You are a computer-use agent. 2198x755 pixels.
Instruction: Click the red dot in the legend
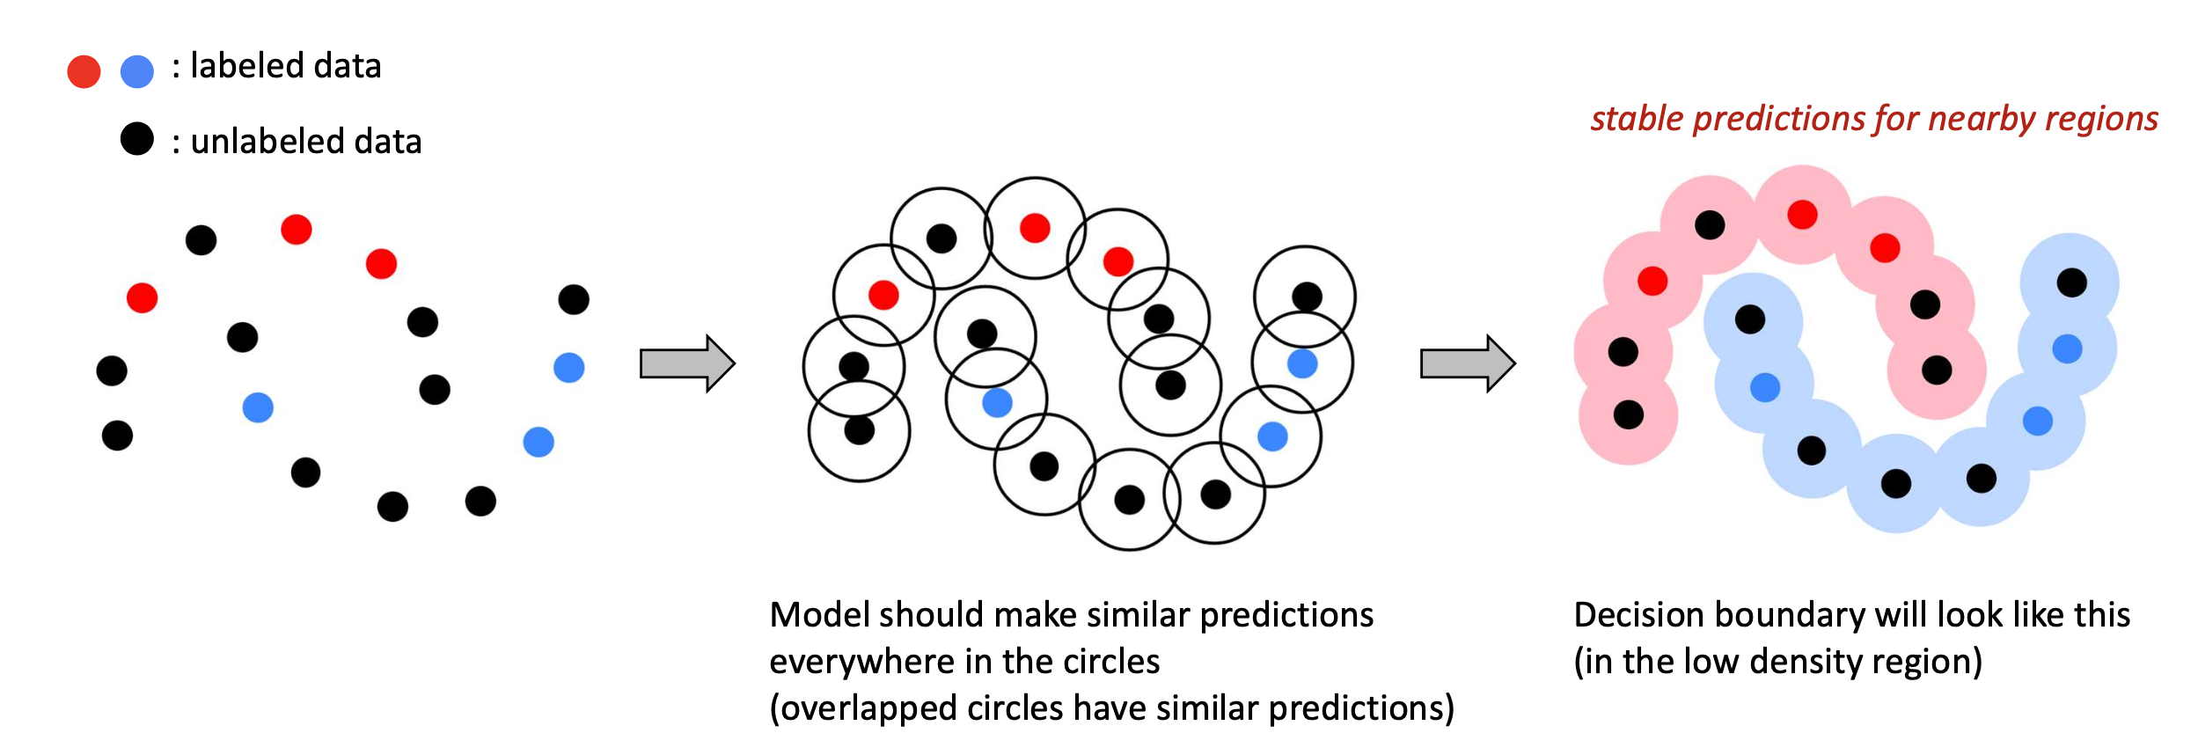click(84, 71)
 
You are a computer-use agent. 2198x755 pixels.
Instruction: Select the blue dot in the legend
click(136, 71)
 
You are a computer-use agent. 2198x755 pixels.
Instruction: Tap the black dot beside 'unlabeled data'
click(136, 139)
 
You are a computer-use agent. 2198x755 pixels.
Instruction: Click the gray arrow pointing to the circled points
click(686, 363)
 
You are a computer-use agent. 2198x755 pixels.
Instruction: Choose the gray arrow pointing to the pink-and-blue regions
click(1467, 363)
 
